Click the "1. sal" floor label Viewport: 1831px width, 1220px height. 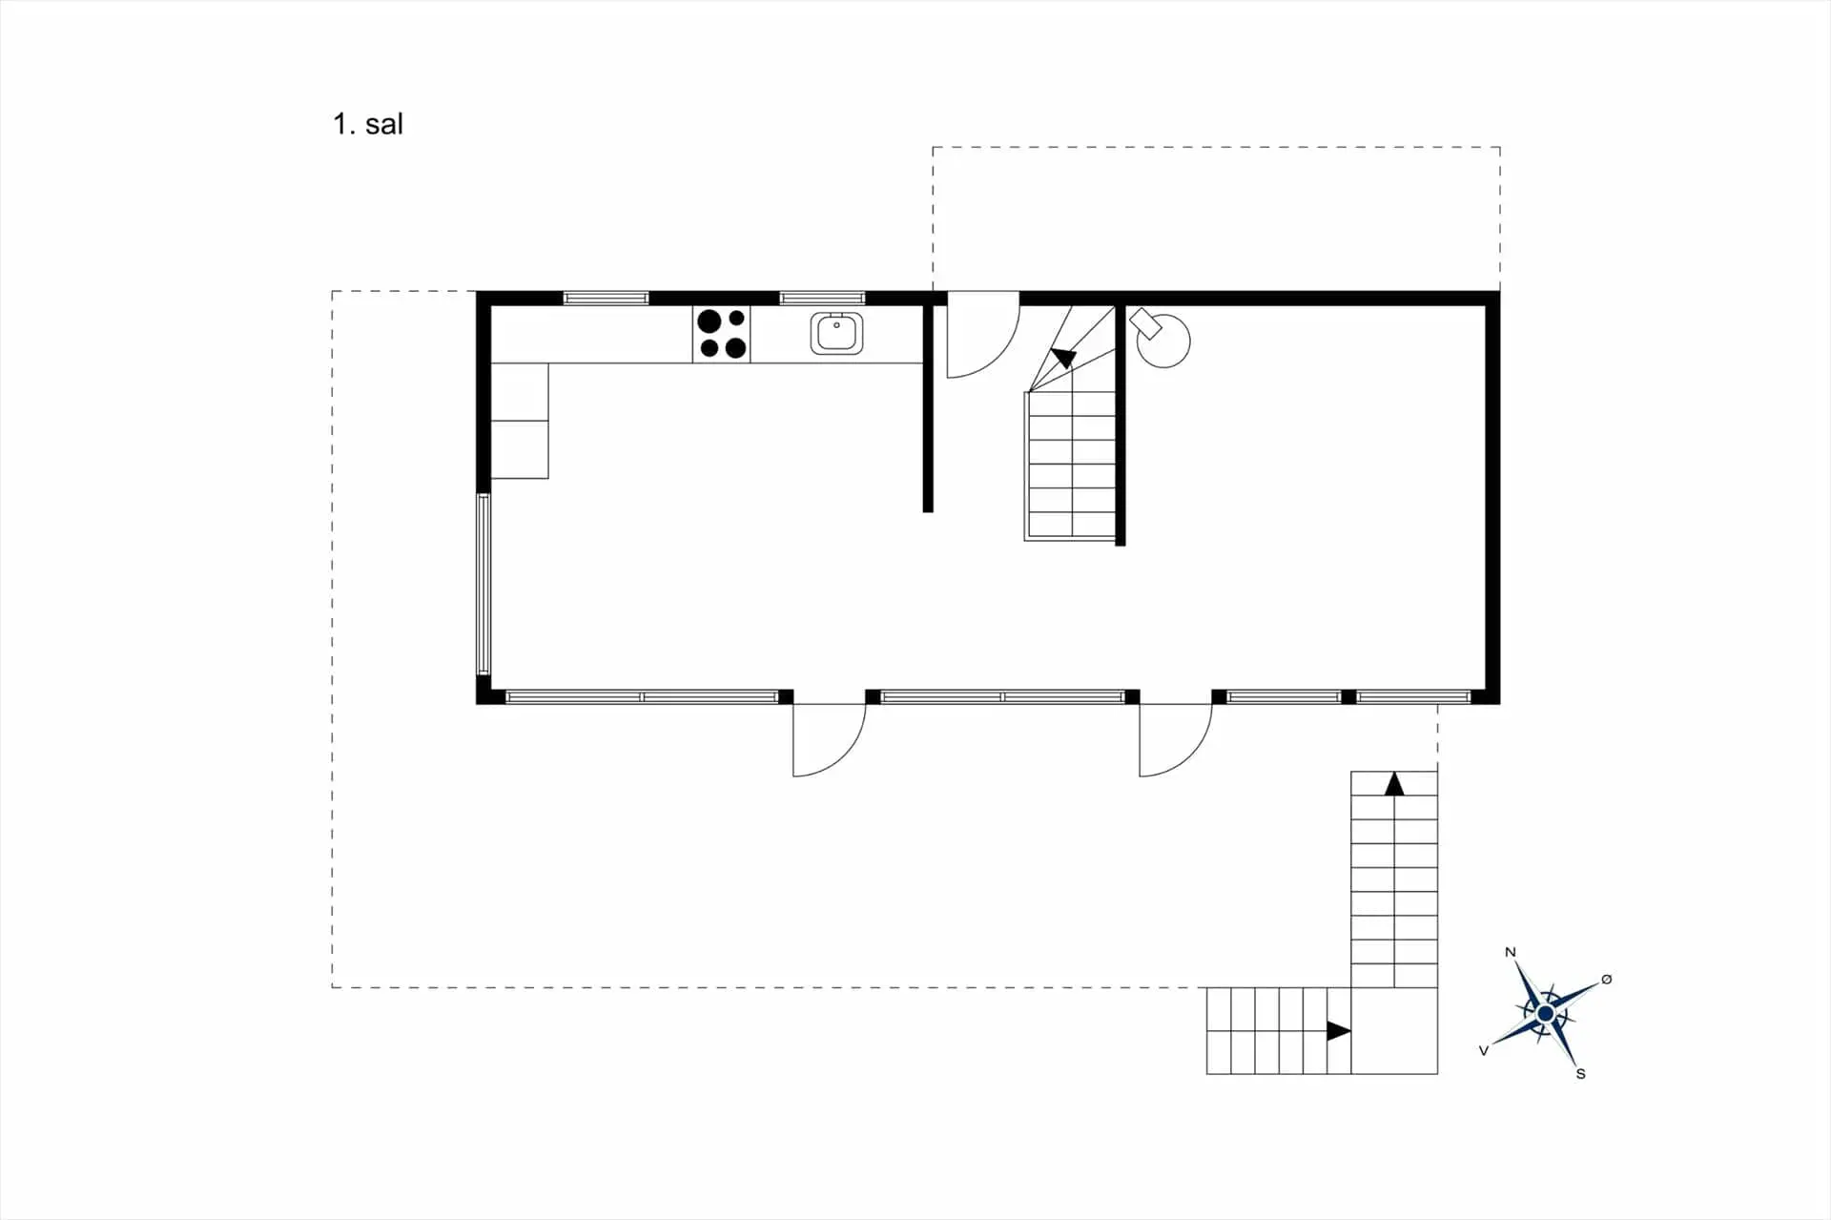tap(368, 124)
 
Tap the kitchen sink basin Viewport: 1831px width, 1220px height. tap(836, 334)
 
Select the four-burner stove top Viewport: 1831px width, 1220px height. tap(722, 334)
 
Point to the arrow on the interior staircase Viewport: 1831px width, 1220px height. tap(1063, 359)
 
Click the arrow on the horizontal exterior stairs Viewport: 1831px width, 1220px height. tap(1339, 1031)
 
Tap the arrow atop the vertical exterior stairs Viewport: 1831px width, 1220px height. tap(1394, 784)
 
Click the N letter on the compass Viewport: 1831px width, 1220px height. tap(1510, 952)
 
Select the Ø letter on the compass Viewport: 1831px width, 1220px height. tap(1607, 980)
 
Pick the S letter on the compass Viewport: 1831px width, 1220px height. tap(1580, 1074)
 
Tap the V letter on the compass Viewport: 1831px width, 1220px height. tap(1483, 1050)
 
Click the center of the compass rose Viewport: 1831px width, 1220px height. tap(1545, 1013)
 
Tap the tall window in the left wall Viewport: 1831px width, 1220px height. tap(483, 585)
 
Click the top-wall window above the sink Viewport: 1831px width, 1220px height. tap(822, 299)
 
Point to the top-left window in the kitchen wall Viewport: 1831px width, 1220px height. tap(606, 299)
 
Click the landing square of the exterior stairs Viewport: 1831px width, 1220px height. tap(1394, 1031)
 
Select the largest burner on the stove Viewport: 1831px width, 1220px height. tap(709, 321)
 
